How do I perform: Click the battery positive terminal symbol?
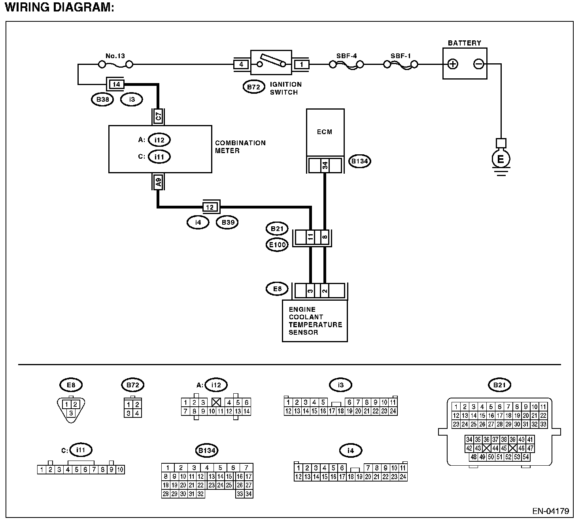point(453,64)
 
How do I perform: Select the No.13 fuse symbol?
point(115,64)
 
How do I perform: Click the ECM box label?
point(325,132)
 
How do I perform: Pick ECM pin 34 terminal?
point(325,165)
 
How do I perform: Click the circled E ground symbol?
point(501,159)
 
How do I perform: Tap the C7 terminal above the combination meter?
point(158,117)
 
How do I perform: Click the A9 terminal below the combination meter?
point(158,182)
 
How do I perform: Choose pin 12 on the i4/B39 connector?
point(210,207)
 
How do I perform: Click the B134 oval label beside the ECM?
point(359,161)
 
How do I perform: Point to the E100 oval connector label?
point(277,245)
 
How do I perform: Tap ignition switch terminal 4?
point(241,64)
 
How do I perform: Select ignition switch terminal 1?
point(301,64)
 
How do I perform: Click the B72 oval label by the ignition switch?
point(253,86)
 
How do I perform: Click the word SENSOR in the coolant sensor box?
point(303,332)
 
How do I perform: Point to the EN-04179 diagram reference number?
point(550,511)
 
